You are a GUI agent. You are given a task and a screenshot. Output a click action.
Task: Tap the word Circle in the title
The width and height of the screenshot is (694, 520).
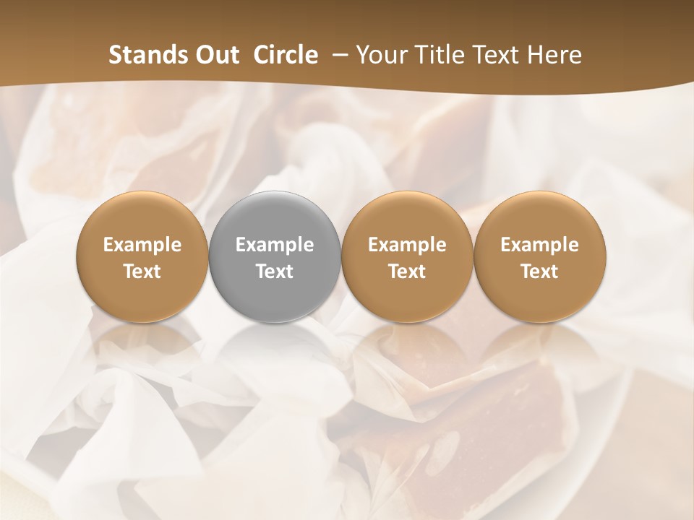pos(286,55)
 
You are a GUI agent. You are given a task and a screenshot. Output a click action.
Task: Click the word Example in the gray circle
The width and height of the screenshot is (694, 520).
pos(274,245)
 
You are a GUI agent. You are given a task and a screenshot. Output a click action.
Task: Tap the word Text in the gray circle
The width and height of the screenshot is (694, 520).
pos(274,272)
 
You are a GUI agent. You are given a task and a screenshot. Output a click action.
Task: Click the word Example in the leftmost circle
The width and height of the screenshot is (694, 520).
pos(142,245)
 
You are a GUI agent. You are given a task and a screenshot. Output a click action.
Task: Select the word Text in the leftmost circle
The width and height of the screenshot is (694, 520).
pos(142,272)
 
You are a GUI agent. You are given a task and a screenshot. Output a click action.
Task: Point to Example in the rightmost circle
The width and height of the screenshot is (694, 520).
pos(539,245)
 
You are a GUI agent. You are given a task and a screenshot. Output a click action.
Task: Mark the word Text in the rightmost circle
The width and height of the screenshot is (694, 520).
pos(539,272)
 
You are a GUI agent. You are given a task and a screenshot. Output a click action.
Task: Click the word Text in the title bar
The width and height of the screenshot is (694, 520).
pos(496,55)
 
